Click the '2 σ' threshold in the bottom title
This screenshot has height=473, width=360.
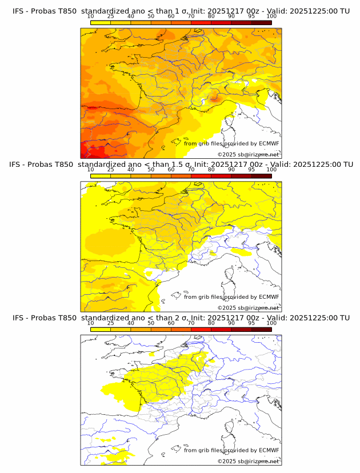point(185,318)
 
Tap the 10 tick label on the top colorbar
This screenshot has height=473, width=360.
point(90,17)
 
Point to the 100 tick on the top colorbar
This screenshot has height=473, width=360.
point(271,17)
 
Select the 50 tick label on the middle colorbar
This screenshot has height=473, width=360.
point(151,170)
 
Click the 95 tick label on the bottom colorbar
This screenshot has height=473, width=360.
point(251,323)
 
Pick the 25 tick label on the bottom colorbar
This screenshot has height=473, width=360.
point(110,323)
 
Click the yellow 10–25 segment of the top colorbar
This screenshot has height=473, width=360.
point(101,22)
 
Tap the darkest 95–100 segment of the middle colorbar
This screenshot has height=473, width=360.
point(261,175)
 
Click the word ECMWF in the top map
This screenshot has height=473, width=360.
point(269,143)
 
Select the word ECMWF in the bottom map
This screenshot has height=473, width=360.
point(269,450)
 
